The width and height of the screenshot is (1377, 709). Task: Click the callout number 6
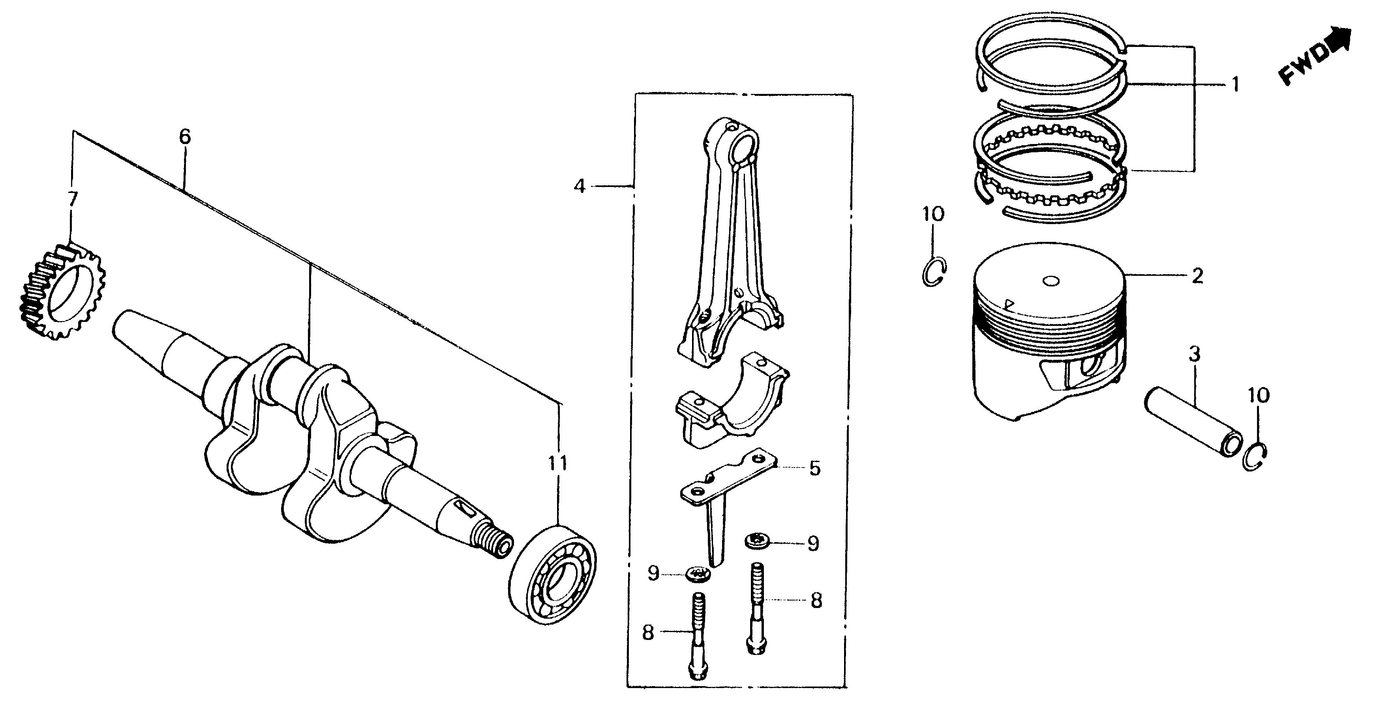pyautogui.click(x=184, y=137)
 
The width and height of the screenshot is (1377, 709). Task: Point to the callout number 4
pyautogui.click(x=580, y=187)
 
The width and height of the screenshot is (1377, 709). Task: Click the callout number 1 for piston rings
pyautogui.click(x=1235, y=84)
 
